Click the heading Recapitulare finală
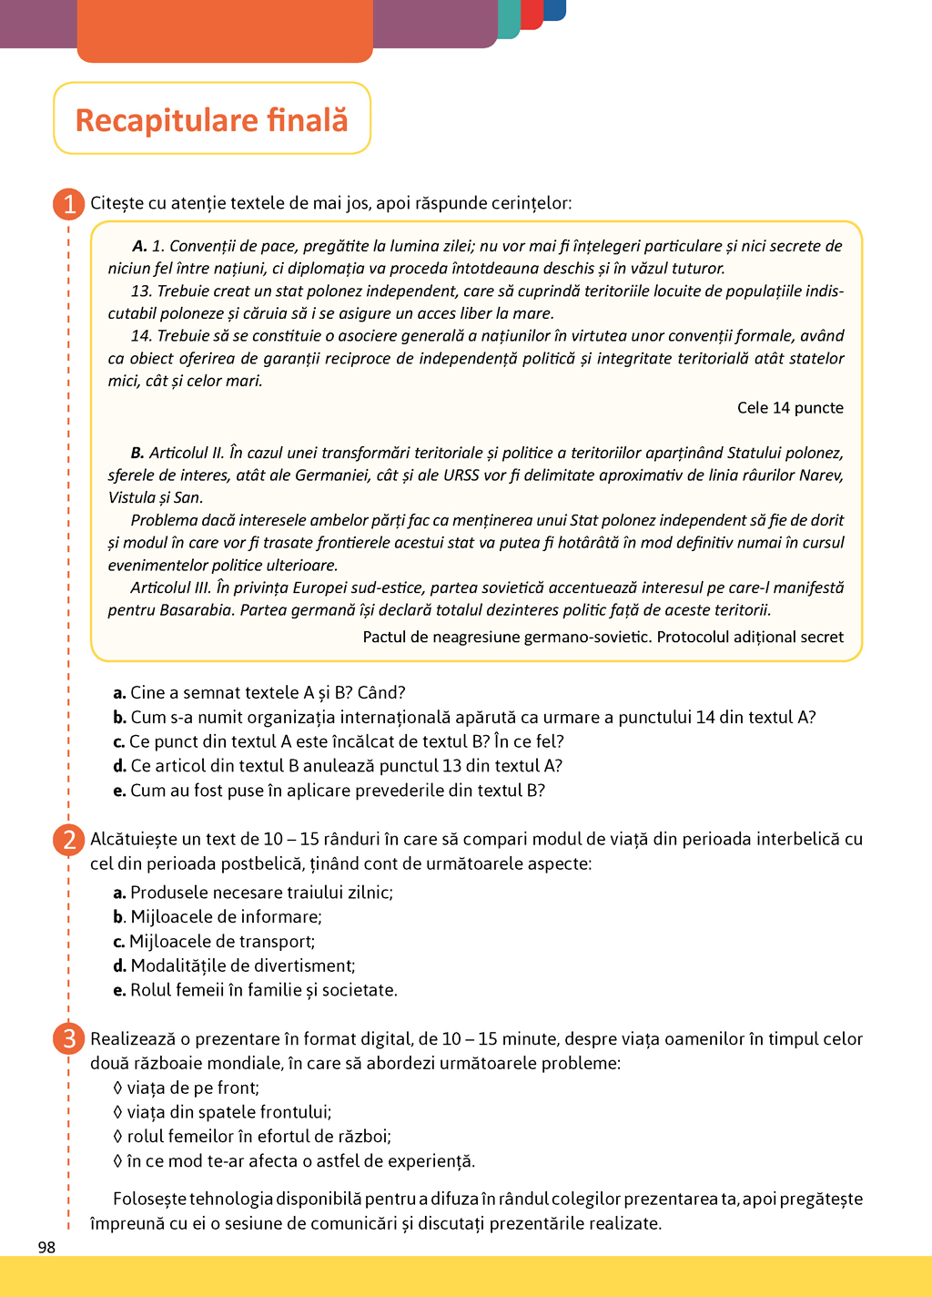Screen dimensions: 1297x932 coord(211,119)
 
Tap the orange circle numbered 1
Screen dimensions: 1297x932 coord(69,203)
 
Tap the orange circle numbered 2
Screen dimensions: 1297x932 coord(69,839)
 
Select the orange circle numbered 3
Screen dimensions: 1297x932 coord(69,1038)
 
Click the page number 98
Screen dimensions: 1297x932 coord(46,1247)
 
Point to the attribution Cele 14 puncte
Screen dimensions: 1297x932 coord(790,408)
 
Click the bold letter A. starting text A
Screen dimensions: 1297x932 coord(139,246)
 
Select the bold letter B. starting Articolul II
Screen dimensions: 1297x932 coord(137,453)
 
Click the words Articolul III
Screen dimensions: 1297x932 coord(171,587)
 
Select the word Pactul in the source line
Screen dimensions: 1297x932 coord(384,637)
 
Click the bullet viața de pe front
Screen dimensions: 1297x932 coord(186,1088)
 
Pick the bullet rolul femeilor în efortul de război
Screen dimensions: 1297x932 coord(252,1137)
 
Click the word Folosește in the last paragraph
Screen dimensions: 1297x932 coord(148,1199)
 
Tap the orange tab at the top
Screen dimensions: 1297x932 coord(225,31)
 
